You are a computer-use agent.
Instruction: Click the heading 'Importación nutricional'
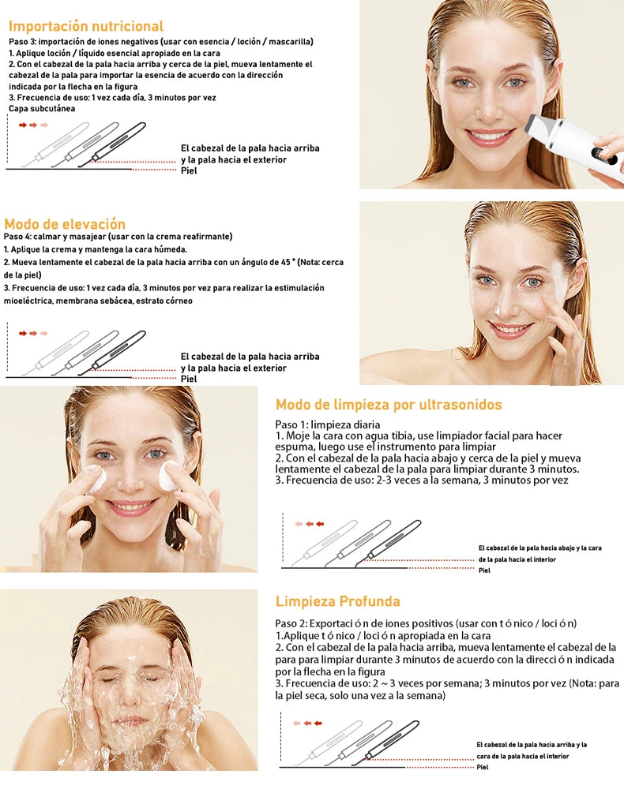(x=86, y=26)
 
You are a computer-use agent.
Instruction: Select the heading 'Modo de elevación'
(x=65, y=224)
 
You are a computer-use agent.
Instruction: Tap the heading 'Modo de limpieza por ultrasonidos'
(x=389, y=405)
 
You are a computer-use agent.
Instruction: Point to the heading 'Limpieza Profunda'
(x=337, y=601)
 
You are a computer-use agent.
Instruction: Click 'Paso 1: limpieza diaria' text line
(x=327, y=424)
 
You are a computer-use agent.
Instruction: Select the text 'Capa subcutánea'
(x=42, y=109)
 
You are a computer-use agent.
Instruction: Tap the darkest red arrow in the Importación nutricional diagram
(x=23, y=125)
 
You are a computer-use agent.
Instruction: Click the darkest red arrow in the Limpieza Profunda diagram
(x=318, y=723)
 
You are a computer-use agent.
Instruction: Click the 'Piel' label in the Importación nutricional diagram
(x=189, y=171)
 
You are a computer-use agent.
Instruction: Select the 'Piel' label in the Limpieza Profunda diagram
(x=483, y=768)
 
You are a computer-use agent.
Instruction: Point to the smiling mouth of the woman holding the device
(x=490, y=136)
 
